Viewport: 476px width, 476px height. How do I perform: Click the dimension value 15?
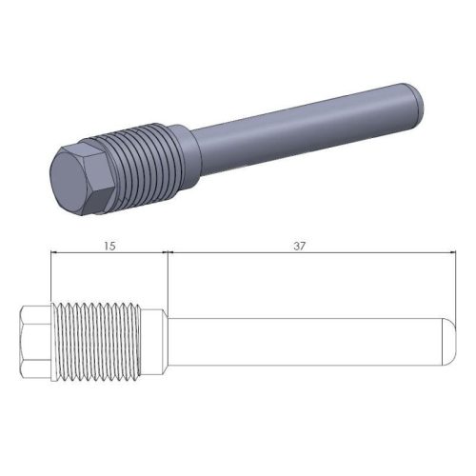[x=109, y=246]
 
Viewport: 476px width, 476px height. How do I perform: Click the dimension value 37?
[x=300, y=246]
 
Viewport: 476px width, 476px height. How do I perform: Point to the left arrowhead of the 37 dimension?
[x=172, y=253]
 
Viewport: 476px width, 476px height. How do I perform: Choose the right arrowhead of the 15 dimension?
[x=163, y=253]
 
